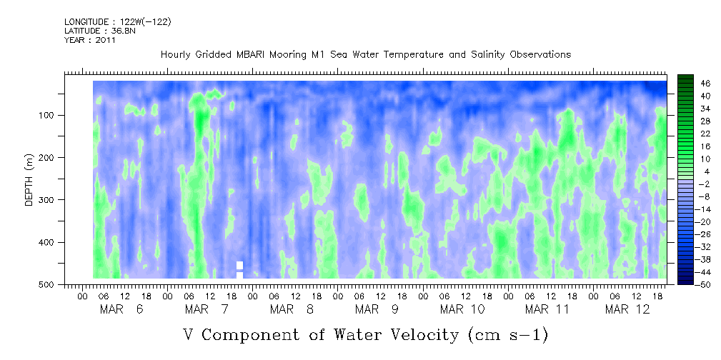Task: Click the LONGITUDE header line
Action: coord(118,22)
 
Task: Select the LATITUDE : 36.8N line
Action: coord(96,31)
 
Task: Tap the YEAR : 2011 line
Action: coord(90,40)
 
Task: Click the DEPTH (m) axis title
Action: coord(29,183)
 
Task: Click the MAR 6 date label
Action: coord(122,309)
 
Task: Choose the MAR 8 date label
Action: coord(292,309)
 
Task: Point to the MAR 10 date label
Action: coord(462,309)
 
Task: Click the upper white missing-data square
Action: coord(239,265)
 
